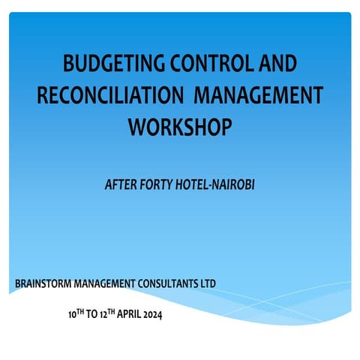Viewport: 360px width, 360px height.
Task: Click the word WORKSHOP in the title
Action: click(x=178, y=126)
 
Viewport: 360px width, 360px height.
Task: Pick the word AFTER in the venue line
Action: click(x=122, y=182)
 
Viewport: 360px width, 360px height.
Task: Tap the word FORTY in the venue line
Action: click(x=161, y=182)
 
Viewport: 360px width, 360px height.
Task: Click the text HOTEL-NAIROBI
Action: click(x=218, y=182)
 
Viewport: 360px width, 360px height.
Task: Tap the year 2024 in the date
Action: click(x=148, y=313)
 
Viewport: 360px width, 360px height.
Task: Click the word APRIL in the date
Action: click(x=119, y=313)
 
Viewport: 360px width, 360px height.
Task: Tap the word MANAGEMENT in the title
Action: click(x=259, y=96)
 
